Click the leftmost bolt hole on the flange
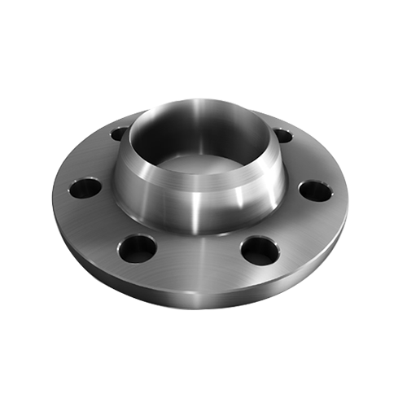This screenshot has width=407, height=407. pos(85,188)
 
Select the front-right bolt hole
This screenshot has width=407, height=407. pos(260,249)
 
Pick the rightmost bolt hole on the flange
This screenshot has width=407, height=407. pos(314,191)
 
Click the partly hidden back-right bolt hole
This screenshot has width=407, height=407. pos(283,135)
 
